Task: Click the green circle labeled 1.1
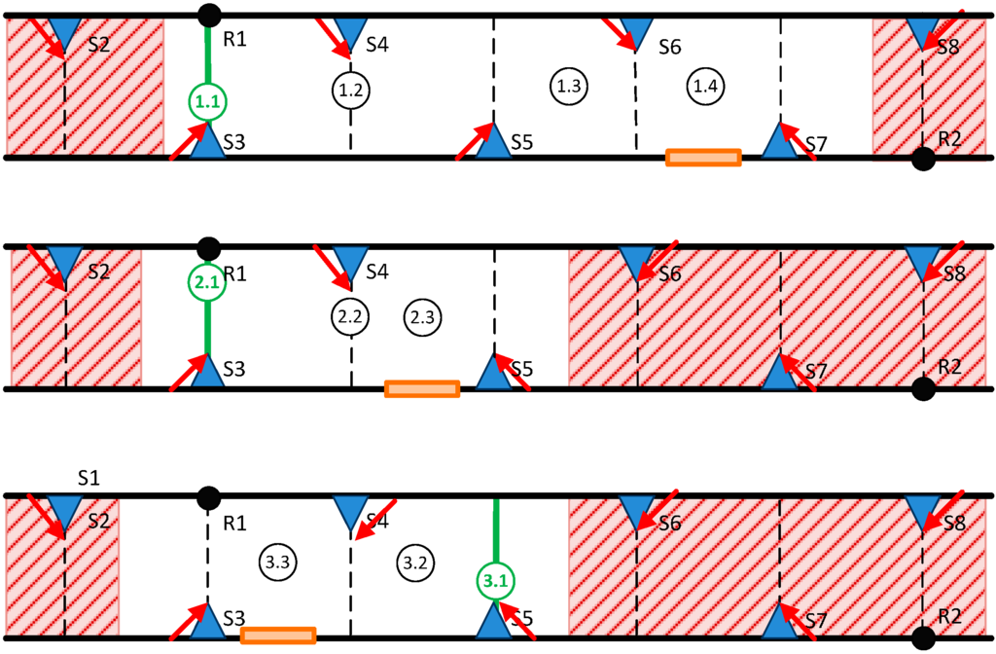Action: [207, 101]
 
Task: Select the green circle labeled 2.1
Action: [206, 283]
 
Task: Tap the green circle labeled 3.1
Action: [496, 582]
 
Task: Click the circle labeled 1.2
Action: [350, 91]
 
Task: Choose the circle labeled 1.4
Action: [703, 86]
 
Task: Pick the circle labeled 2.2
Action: [349, 316]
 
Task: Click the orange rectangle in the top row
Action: [703, 158]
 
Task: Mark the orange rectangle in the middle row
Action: [422, 389]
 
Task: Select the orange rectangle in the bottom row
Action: [278, 636]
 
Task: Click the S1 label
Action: [90, 478]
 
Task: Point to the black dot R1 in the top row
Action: [207, 15]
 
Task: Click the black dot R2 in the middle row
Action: [923, 389]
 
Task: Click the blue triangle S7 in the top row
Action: [780, 141]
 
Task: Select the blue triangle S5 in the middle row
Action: [495, 372]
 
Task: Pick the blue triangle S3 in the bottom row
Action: [207, 622]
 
